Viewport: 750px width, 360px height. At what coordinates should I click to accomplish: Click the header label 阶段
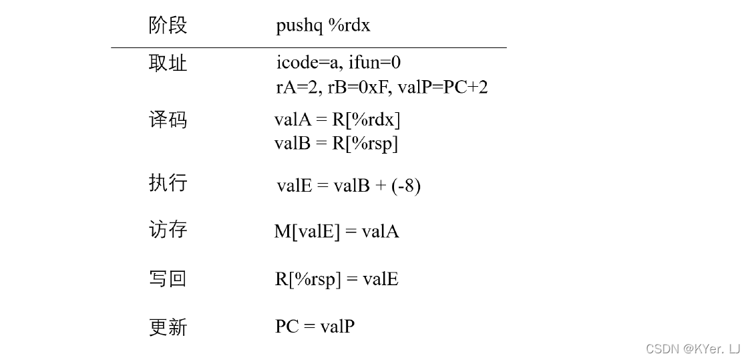pyautogui.click(x=168, y=25)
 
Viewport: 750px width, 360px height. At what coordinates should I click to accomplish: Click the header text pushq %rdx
pyautogui.click(x=323, y=26)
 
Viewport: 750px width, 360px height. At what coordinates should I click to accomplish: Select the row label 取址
pyautogui.click(x=168, y=63)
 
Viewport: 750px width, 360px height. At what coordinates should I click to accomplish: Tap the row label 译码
pyautogui.click(x=168, y=120)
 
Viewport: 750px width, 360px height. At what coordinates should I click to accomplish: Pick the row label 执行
pyautogui.click(x=168, y=183)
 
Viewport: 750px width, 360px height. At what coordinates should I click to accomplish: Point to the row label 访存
pyautogui.click(x=168, y=230)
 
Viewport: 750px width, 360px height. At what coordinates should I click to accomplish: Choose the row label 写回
pyautogui.click(x=168, y=279)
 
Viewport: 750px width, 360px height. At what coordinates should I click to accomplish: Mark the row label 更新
pyautogui.click(x=168, y=327)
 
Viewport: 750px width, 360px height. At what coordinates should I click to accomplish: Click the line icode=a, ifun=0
pyautogui.click(x=338, y=63)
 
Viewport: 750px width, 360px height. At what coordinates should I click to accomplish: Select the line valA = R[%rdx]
pyautogui.click(x=337, y=120)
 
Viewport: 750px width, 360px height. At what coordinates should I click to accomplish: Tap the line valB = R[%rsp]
pyautogui.click(x=336, y=144)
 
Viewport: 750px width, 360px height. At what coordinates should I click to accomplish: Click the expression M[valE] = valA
pyautogui.click(x=337, y=232)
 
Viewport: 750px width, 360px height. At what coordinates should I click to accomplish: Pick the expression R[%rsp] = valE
pyautogui.click(x=337, y=279)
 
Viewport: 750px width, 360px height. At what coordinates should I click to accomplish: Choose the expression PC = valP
pyautogui.click(x=315, y=327)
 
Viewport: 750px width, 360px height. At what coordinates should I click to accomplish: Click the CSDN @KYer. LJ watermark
pyautogui.click(x=693, y=349)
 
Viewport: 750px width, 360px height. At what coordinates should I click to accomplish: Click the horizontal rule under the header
pyautogui.click(x=309, y=47)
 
